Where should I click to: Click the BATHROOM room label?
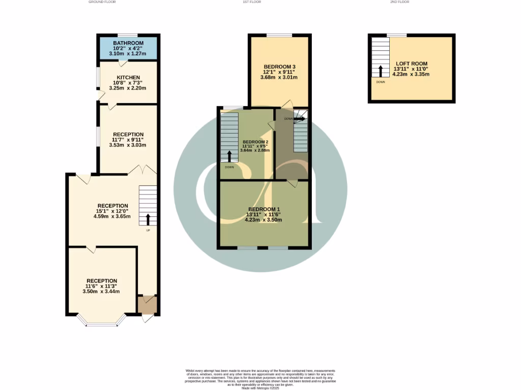(128, 43)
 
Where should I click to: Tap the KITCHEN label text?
(128, 78)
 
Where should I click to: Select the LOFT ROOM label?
(411, 63)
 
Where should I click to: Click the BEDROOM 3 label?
(279, 67)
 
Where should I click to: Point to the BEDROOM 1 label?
(264, 209)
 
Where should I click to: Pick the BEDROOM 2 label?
(255, 142)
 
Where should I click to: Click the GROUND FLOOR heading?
(102, 2)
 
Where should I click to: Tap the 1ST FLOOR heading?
(249, 2)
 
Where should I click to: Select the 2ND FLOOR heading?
(399, 2)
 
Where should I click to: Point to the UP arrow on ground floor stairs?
(148, 219)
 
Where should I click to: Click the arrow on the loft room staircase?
(380, 71)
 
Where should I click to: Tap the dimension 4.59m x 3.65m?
(112, 216)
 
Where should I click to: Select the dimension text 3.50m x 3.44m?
(102, 291)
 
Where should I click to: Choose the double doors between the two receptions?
(141, 170)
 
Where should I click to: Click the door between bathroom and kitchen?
(122, 62)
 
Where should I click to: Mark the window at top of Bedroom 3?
(279, 35)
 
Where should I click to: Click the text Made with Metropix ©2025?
(260, 387)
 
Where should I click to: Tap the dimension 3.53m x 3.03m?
(128, 145)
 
